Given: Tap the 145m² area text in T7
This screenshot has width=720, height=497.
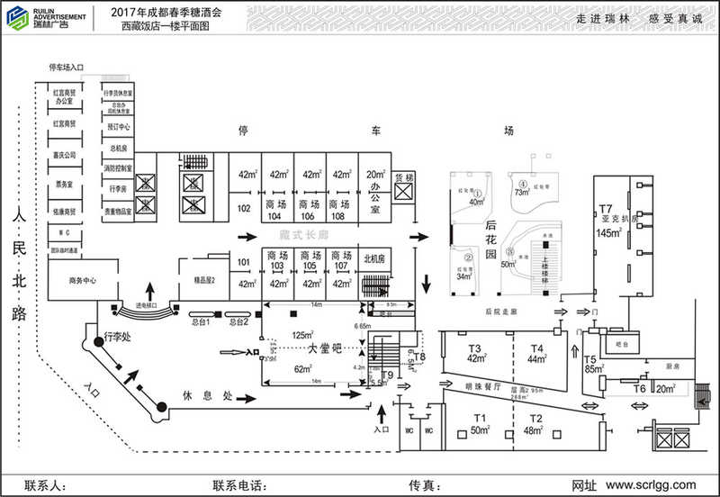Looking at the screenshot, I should click(609, 233).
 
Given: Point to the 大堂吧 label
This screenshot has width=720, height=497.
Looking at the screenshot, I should click(325, 348).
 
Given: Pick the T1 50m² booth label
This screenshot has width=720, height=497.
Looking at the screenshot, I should click(481, 424).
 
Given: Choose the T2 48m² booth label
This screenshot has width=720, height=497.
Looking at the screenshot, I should click(536, 424).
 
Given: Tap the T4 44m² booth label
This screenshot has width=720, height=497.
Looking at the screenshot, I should click(538, 354).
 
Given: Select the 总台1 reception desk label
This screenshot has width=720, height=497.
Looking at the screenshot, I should click(199, 321).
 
